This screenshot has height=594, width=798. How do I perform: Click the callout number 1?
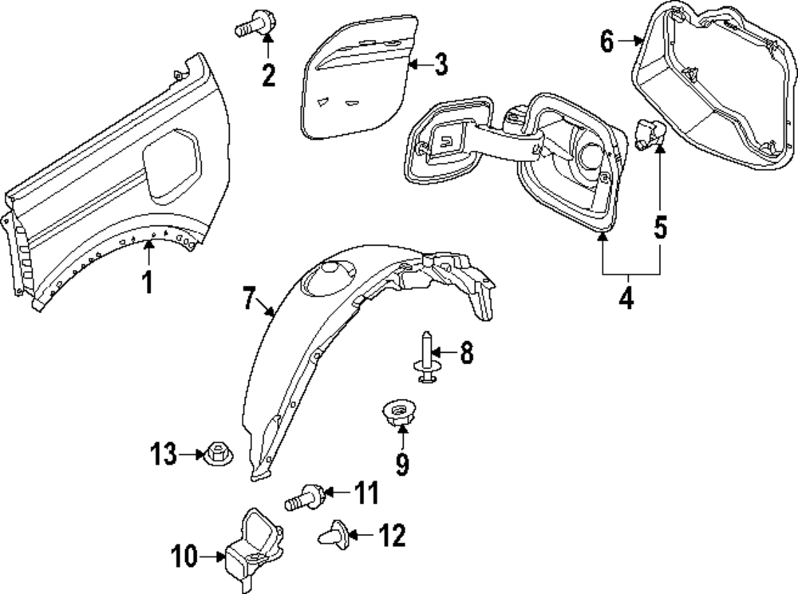[x=147, y=283]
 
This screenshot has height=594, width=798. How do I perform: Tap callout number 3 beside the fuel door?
[x=441, y=65]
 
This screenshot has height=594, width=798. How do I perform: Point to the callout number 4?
[x=626, y=298]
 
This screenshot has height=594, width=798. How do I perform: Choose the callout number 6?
[x=607, y=41]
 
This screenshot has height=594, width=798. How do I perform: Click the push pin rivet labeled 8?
[x=425, y=361]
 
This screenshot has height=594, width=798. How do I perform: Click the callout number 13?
[x=164, y=455]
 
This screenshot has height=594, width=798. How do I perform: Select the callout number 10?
[x=184, y=556]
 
